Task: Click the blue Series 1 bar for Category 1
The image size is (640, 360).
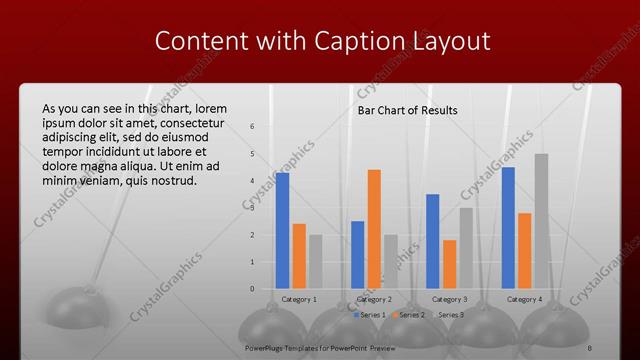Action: (x=282, y=230)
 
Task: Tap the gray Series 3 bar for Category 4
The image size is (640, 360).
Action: (x=541, y=221)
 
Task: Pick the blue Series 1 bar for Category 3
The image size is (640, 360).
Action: (x=433, y=241)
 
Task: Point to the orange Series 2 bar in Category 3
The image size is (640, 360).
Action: (x=449, y=264)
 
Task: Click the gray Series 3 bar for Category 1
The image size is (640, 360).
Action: (x=315, y=261)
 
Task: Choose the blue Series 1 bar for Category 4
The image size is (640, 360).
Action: (x=508, y=227)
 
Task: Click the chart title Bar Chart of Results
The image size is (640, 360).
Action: (x=408, y=110)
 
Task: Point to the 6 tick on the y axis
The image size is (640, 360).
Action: (x=253, y=126)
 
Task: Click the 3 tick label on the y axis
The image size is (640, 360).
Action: (x=253, y=208)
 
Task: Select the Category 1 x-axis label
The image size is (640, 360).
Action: (x=299, y=299)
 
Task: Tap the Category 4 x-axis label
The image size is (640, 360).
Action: (x=524, y=299)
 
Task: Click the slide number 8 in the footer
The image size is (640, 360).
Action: (x=589, y=348)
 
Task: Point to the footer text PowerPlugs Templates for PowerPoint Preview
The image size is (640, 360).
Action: (x=320, y=348)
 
